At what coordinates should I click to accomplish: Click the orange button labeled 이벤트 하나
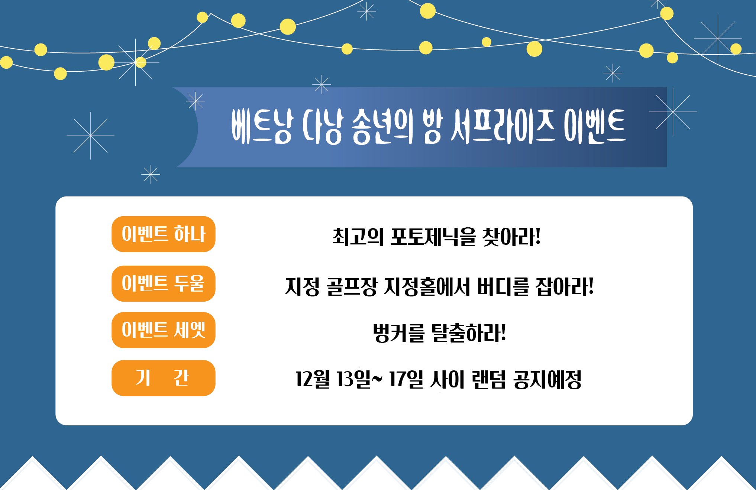pyautogui.click(x=164, y=234)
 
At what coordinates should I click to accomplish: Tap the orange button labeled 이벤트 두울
pyautogui.click(x=164, y=283)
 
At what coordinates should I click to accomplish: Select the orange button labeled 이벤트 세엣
pyautogui.click(x=164, y=330)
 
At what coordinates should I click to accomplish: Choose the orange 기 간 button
pyautogui.click(x=164, y=378)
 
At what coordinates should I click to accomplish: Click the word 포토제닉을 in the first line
pyautogui.click(x=433, y=237)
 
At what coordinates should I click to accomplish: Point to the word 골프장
pyautogui.click(x=352, y=286)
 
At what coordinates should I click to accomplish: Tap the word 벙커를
pyautogui.click(x=398, y=333)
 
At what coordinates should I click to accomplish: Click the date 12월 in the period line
pyautogui.click(x=313, y=379)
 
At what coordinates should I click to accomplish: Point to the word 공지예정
pyautogui.click(x=547, y=379)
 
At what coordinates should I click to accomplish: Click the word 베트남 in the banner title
pyautogui.click(x=262, y=126)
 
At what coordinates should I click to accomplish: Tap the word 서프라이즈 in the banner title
pyautogui.click(x=503, y=126)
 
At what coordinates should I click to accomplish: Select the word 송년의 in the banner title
pyautogui.click(x=382, y=126)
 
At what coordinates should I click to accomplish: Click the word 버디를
pyautogui.click(x=503, y=286)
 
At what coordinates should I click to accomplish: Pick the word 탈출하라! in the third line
pyautogui.click(x=468, y=333)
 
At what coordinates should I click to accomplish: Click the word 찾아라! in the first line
pyautogui.click(x=511, y=237)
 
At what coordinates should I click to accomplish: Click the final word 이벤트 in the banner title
pyautogui.click(x=595, y=126)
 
